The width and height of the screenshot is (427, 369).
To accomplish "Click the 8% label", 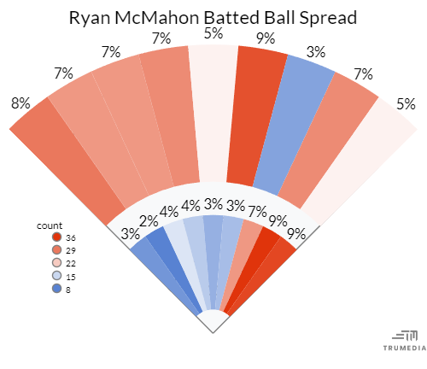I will pyautogui.click(x=20, y=103).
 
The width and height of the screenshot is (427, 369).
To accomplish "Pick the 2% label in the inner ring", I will pyautogui.click(x=149, y=221).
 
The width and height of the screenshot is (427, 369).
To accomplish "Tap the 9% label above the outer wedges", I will pyautogui.click(x=265, y=38).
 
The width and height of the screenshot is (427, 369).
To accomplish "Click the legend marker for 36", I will pyautogui.click(x=56, y=237).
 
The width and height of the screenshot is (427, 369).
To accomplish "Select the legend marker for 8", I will pyautogui.click(x=56, y=289).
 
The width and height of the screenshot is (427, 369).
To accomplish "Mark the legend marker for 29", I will pyautogui.click(x=56, y=250).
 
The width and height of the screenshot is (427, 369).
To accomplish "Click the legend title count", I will pyautogui.click(x=50, y=225).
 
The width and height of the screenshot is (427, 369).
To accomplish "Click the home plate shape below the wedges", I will pyautogui.click(x=213, y=323).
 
